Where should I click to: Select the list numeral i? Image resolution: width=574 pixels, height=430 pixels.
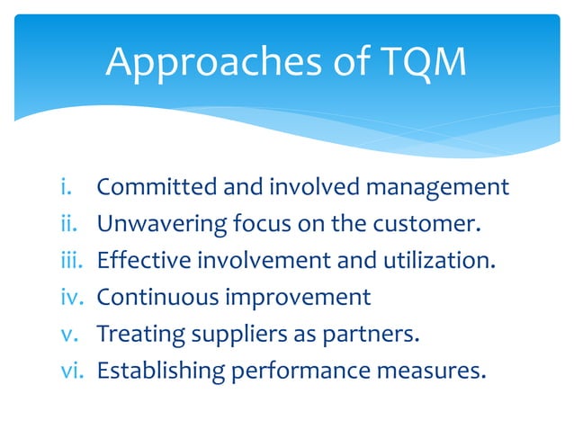66,187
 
